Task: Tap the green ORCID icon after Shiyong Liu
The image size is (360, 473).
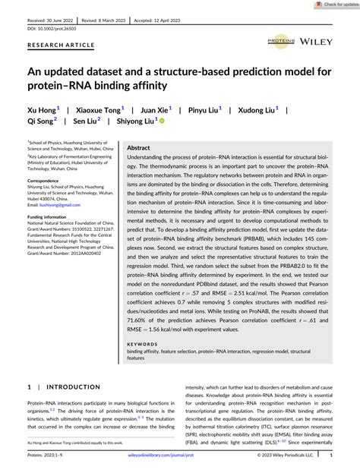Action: (162, 120)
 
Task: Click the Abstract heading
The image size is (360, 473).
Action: (138, 147)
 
